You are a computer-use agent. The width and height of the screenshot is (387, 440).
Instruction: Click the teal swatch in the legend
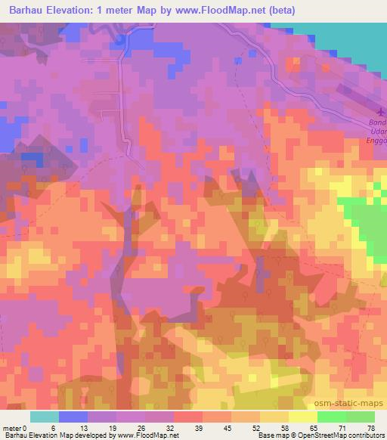tap(44, 417)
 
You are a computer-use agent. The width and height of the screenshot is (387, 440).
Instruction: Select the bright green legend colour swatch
tap(330, 417)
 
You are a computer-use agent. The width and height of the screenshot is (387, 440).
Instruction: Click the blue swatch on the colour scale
tap(73, 417)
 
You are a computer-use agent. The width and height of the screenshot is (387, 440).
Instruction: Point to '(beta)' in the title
tap(280, 11)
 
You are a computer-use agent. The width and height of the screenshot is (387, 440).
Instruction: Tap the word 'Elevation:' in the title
tap(73, 11)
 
